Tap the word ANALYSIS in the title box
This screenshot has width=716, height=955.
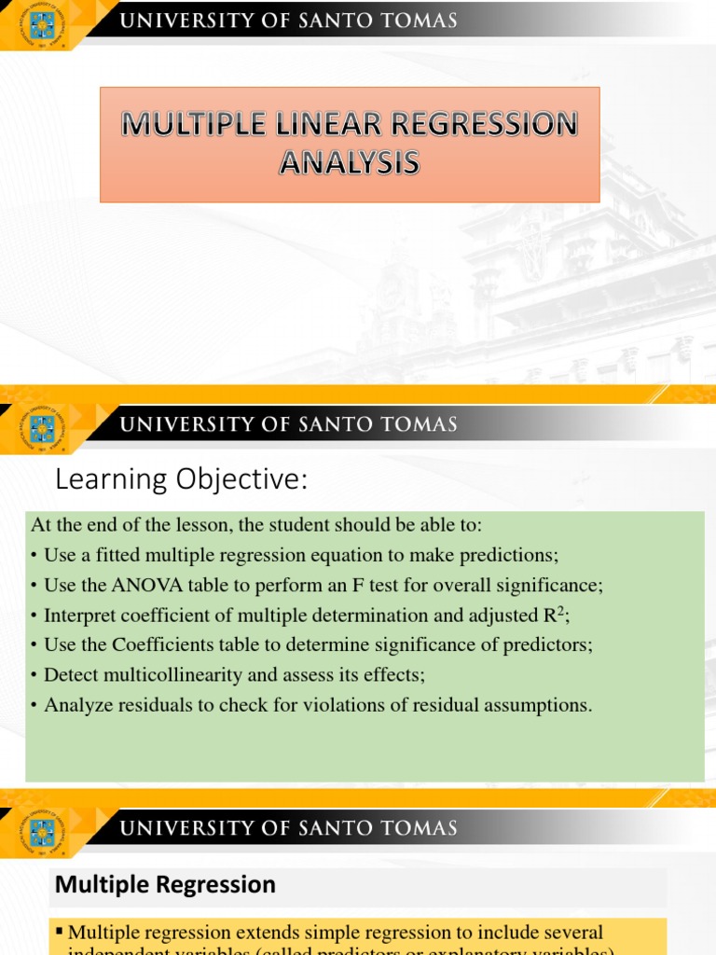(350, 164)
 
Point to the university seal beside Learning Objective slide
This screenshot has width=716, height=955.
(42, 428)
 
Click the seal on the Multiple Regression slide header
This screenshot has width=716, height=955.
(42, 831)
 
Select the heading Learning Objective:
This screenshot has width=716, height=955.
(180, 480)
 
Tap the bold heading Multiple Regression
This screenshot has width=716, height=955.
(165, 884)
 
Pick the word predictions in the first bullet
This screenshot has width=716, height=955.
(512, 556)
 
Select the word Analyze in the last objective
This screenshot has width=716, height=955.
(76, 705)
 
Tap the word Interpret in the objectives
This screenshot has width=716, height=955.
(80, 616)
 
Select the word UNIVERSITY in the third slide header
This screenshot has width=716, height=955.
(183, 827)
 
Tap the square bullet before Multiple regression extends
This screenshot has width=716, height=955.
(61, 932)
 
